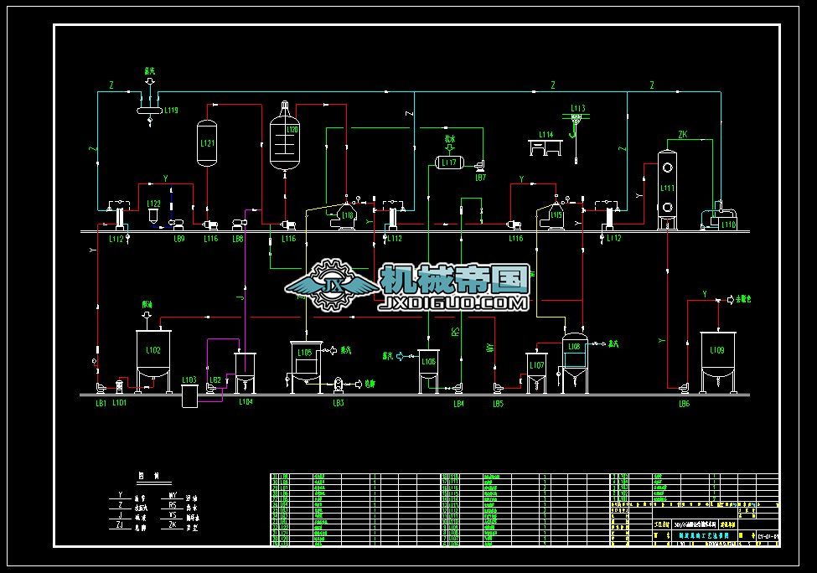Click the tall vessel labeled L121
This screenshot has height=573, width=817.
207,144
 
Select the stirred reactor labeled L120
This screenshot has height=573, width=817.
285,140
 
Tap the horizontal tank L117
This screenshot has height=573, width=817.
450,163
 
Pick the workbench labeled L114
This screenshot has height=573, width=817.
546,147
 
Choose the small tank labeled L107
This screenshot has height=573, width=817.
536,371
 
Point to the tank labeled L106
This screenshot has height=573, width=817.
428,369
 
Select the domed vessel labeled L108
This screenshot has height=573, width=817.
574,360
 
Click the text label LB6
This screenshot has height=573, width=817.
684,404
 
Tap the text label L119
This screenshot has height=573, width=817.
171,110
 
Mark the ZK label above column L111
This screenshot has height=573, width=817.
682,134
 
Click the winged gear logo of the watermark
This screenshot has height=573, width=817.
331,285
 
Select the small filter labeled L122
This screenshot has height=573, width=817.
153,214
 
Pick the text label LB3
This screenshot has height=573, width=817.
339,404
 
